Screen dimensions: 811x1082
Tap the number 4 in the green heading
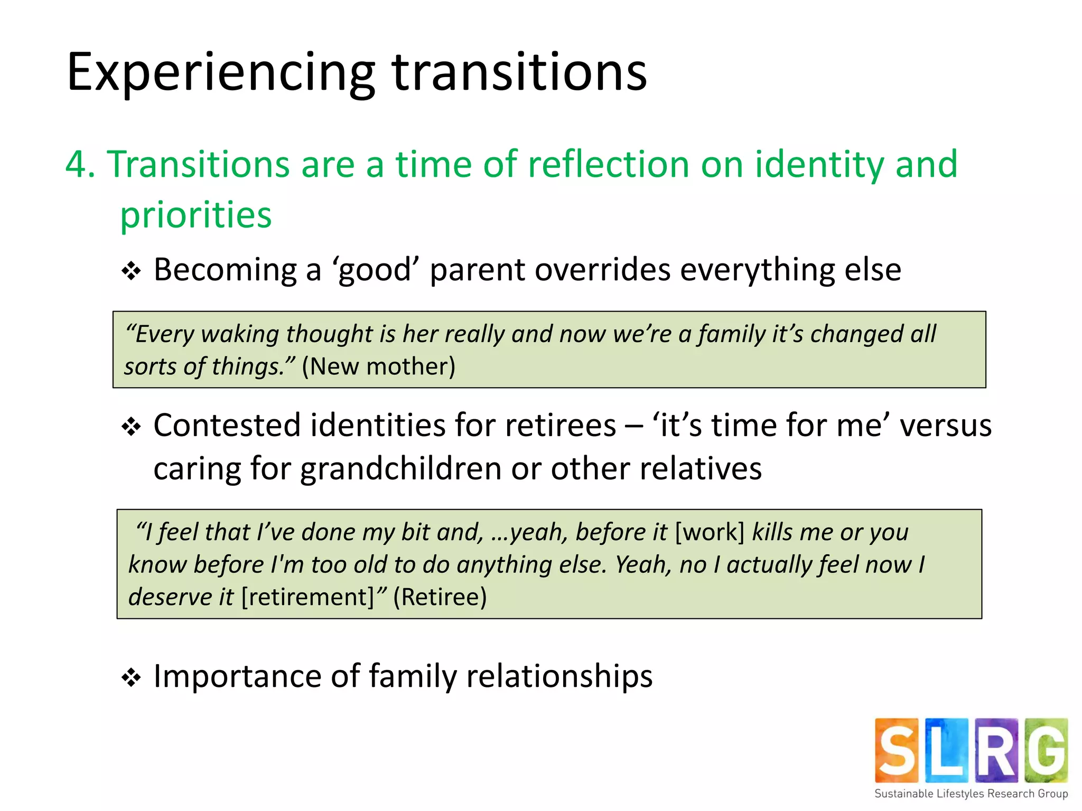pos(76,164)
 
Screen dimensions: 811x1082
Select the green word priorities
pos(196,215)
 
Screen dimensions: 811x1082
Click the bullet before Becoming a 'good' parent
pos(131,271)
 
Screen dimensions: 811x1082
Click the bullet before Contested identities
pos(131,427)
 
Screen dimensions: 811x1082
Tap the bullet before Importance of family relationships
pos(131,677)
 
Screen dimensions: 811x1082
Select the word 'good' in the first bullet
pos(375,270)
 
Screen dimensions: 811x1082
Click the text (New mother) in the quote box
pos(378,366)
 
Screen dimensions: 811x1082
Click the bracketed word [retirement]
pos(308,597)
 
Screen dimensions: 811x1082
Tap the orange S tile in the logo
pos(897,750)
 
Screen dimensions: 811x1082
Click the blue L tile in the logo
pos(946,750)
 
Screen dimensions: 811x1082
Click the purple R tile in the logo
pos(996,750)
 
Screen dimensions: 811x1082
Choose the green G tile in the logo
pos(1046,750)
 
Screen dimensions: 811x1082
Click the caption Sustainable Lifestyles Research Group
pos(971,794)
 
